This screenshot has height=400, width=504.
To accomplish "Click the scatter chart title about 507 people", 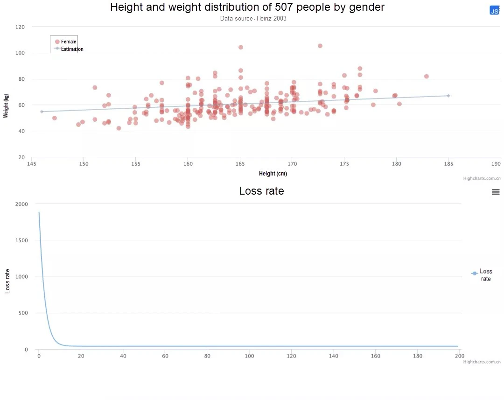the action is point(247,7).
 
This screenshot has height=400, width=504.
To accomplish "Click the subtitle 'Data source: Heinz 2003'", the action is point(253,18).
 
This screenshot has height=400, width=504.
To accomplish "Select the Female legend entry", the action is point(66,42).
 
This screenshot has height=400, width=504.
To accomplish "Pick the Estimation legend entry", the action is point(69,49).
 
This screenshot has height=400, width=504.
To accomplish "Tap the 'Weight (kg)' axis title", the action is point(6,106).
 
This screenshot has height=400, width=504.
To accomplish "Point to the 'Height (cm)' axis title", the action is point(273,174).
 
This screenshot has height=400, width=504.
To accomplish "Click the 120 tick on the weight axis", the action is point(20,27).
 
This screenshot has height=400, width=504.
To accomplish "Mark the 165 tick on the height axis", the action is point(240,164).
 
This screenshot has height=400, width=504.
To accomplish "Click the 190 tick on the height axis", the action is point(496,164).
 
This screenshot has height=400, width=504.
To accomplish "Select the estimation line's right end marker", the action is point(448,96).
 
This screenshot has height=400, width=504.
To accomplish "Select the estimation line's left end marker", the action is point(42,112).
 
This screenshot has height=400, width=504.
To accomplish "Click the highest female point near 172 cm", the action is point(320,46).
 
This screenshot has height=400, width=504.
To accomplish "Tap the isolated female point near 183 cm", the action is point(426,77).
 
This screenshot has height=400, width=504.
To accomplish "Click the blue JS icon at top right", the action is point(494,10).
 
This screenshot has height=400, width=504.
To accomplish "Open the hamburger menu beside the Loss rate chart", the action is point(496,192).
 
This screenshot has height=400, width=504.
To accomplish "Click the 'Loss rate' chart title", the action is point(262,191).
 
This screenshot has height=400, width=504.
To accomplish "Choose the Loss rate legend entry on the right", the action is point(482,275).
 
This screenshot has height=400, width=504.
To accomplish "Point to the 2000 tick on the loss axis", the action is point(21,204).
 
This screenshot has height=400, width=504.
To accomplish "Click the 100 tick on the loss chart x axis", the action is point(249,356).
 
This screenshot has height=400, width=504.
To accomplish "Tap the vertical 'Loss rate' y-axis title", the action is point(7,281).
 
